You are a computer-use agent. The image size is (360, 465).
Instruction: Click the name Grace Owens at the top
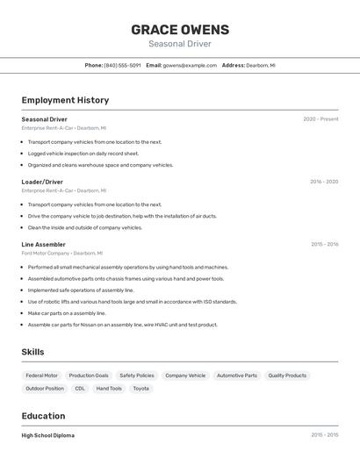[x=180, y=29]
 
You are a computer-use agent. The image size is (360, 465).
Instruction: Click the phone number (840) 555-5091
[x=122, y=65]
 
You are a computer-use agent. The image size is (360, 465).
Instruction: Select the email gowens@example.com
[x=190, y=65]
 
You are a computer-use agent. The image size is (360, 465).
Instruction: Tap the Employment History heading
[x=65, y=100]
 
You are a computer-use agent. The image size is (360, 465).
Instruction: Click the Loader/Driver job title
[x=42, y=182]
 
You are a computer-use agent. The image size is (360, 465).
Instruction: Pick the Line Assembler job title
[x=44, y=244]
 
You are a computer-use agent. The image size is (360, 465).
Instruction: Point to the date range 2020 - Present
[x=320, y=119]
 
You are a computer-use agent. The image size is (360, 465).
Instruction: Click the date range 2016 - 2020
[x=324, y=182]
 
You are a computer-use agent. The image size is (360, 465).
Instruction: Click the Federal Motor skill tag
[x=41, y=376]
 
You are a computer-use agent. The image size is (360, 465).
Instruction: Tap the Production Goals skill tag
[x=89, y=376]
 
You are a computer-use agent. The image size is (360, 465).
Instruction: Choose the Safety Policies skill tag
[x=137, y=376]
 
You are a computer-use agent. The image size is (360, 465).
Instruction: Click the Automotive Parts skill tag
[x=237, y=376]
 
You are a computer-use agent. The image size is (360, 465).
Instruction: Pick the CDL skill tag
[x=80, y=388]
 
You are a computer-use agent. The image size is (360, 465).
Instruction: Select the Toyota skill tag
[x=140, y=388]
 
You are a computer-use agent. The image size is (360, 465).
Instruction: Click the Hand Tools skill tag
[x=109, y=388]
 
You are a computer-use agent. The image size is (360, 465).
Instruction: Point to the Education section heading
[x=43, y=416]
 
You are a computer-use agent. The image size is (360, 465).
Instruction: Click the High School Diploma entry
[x=48, y=435]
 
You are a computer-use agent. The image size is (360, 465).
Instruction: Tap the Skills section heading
[x=33, y=352]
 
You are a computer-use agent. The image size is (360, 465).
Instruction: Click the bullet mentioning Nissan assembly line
[x=122, y=325]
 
